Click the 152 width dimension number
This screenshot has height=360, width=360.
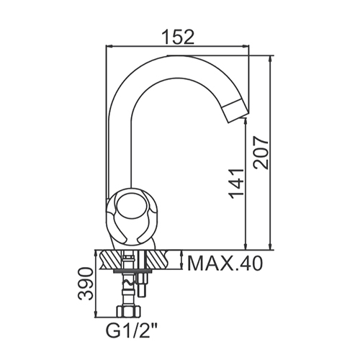(x=178, y=37)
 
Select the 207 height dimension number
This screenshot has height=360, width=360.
(x=261, y=153)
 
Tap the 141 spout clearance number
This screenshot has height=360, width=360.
(x=237, y=184)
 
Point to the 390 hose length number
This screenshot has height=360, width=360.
(x=85, y=284)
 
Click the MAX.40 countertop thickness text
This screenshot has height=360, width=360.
(x=225, y=264)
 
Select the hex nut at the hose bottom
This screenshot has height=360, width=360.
(x=128, y=311)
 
